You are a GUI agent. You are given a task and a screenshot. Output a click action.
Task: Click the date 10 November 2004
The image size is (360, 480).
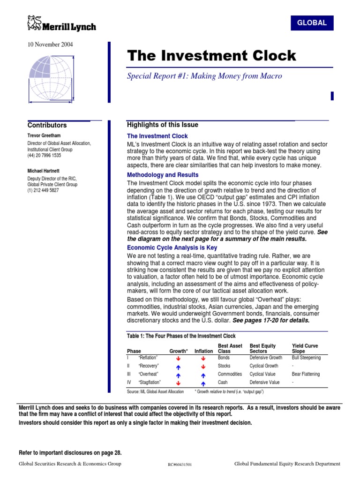46,45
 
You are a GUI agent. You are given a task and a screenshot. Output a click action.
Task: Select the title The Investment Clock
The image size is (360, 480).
212,56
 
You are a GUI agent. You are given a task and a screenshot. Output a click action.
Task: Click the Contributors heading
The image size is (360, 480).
47,125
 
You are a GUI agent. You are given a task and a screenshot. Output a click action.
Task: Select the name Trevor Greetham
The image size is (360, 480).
44,135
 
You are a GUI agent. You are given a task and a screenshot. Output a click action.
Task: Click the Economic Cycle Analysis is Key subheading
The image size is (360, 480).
172,247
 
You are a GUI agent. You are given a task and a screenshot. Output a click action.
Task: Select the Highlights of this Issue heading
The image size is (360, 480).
163,125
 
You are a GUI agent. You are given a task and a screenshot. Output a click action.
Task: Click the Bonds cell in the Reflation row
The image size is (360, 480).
225,357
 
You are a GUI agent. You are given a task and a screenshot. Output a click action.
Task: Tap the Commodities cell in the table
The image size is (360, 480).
230,374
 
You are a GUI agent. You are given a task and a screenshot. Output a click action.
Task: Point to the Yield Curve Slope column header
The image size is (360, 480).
305,349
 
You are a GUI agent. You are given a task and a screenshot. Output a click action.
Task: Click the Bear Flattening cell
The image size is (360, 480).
306,374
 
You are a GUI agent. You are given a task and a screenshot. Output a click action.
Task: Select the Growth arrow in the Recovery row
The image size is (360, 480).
178,366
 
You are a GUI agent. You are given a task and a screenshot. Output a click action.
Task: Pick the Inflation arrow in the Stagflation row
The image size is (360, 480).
203,382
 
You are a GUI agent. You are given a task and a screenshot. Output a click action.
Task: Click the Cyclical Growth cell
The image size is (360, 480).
263,366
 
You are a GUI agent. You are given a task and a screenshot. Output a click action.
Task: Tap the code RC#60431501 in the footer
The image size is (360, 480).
180,465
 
